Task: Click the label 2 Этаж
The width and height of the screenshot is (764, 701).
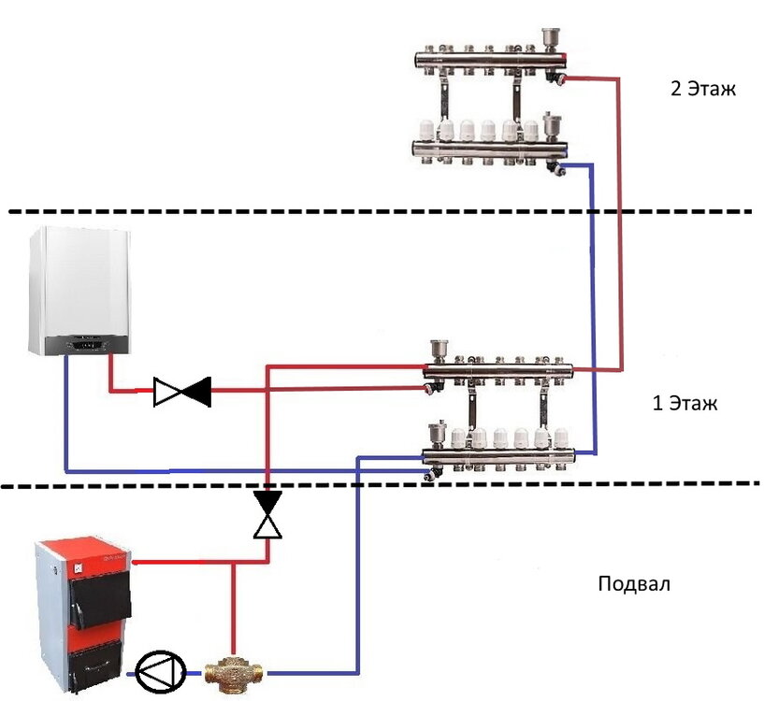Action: click(696, 91)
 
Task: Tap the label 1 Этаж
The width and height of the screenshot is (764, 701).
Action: click(684, 405)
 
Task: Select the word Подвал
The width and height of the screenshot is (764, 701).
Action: click(634, 585)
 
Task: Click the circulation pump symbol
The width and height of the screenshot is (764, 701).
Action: click(153, 670)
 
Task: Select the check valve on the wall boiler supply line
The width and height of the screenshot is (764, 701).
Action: click(182, 392)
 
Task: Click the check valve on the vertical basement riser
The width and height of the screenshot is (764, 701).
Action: click(268, 516)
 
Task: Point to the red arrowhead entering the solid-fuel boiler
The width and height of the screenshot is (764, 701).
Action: click(137, 562)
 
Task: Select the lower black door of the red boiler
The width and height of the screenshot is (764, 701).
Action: click(98, 664)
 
